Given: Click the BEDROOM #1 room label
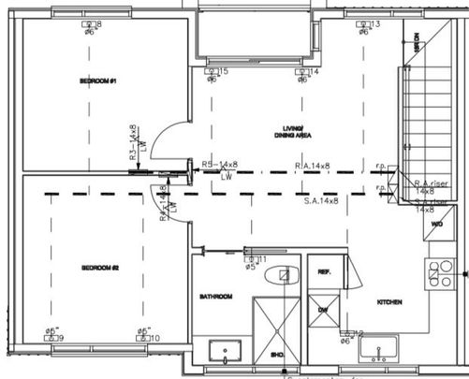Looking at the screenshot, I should (x=96, y=81).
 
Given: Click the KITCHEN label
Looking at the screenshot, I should (x=389, y=302).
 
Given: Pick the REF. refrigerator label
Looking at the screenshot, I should (x=324, y=272).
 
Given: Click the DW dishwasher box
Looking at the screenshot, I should (x=322, y=309).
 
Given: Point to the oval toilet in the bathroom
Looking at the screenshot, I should (x=277, y=275).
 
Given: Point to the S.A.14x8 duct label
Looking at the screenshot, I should (x=321, y=201).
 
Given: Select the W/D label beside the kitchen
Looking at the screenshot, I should (x=436, y=226).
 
